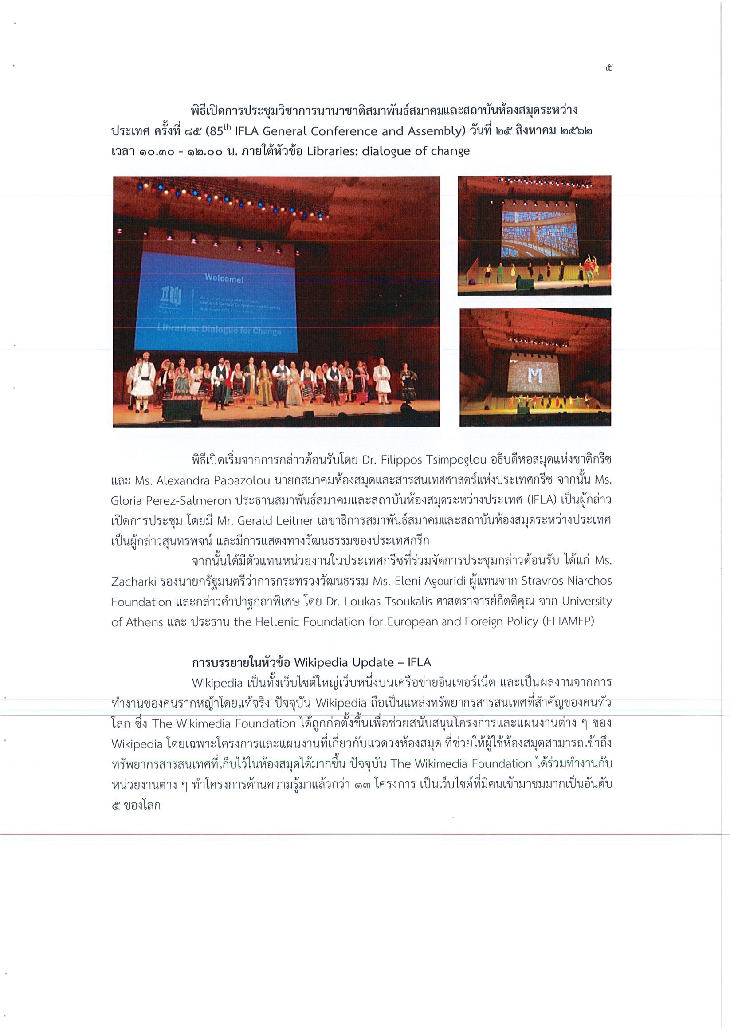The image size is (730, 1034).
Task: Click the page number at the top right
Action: [609, 68]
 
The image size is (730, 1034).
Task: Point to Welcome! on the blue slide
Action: [224, 278]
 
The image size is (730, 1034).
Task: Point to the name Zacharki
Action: [133, 582]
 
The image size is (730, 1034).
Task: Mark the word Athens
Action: [145, 622]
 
